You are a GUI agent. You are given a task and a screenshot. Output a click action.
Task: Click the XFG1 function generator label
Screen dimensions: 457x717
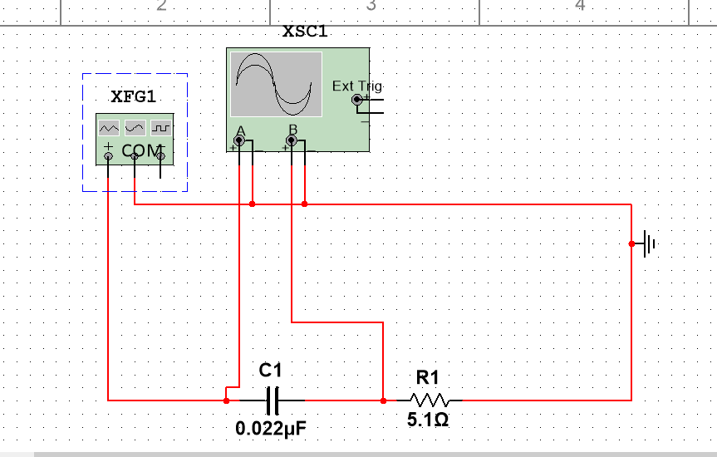pos(133,96)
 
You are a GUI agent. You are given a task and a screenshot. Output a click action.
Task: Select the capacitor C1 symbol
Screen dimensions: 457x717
pos(272,400)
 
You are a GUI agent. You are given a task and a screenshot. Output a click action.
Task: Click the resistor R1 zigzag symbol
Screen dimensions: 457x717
pos(429,400)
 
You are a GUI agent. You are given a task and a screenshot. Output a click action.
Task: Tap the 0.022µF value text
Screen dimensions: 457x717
pos(272,429)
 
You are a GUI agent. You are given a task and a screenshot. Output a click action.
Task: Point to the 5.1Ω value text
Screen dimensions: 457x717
pos(428,420)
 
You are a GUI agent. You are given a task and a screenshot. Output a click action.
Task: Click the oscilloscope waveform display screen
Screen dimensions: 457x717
pos(276,85)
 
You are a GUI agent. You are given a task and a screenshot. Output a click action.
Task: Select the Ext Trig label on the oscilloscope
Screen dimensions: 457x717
pos(356,86)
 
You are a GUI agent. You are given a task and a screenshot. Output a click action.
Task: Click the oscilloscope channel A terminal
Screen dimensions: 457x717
pos(240,141)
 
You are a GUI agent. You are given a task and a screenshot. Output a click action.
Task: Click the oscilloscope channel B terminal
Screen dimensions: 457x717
pos(292,141)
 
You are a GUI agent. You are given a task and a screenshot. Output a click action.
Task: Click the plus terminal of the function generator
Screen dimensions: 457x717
pos(108,155)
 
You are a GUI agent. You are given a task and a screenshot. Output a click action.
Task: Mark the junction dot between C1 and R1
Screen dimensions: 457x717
pos(383,400)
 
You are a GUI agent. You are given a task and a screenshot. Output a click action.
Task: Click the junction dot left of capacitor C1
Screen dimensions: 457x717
pos(226,400)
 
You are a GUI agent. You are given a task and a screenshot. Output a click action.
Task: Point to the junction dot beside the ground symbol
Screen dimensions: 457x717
pos(631,243)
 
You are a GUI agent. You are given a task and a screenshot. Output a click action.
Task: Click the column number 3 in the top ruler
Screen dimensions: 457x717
pos(371,7)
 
